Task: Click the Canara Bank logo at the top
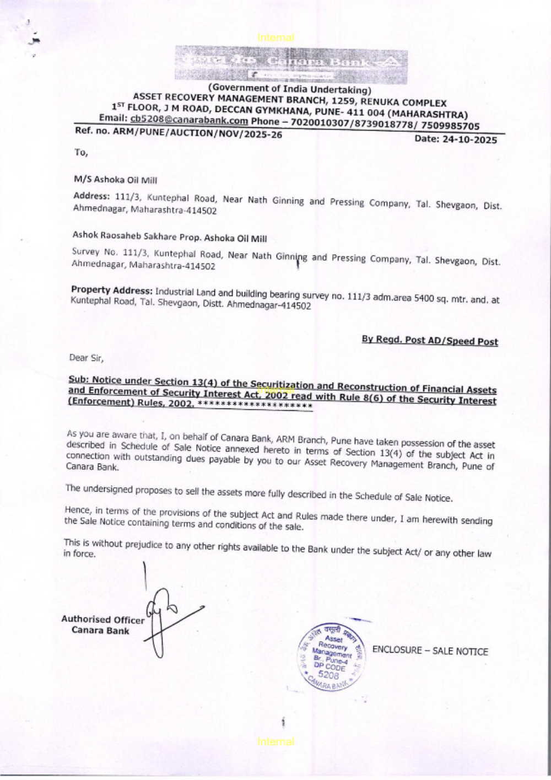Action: click(291, 65)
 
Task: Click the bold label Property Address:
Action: click(111, 290)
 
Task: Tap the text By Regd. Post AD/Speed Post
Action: click(429, 340)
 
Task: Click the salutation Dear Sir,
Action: click(86, 358)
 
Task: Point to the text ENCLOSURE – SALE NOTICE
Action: click(430, 651)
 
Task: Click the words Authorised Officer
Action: click(102, 620)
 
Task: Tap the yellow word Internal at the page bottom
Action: click(275, 742)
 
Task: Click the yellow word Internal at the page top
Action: click(275, 37)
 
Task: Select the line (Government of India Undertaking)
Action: click(289, 89)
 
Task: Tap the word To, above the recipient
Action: click(81, 153)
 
